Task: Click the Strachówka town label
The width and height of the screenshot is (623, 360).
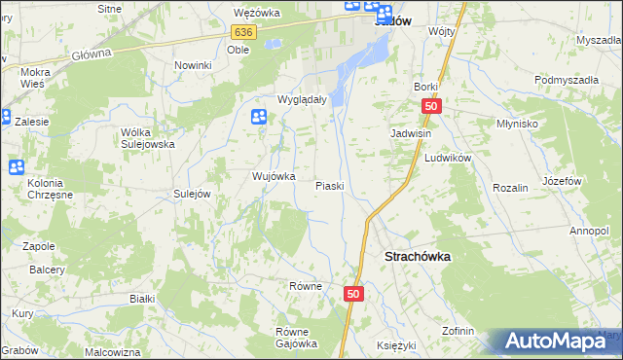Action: point(412,257)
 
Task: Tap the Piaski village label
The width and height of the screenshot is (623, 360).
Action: point(330,186)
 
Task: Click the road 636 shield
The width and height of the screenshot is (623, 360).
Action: point(244,32)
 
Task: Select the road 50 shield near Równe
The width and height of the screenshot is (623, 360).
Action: point(354,293)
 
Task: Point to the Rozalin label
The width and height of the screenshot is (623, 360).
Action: point(510,187)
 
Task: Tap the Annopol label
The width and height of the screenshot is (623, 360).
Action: point(589,231)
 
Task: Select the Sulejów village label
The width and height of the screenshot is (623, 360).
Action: point(192,195)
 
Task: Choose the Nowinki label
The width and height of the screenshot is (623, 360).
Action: point(193,65)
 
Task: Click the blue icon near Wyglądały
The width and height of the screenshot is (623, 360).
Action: point(259,118)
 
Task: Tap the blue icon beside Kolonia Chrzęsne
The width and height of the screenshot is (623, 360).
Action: point(17,166)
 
